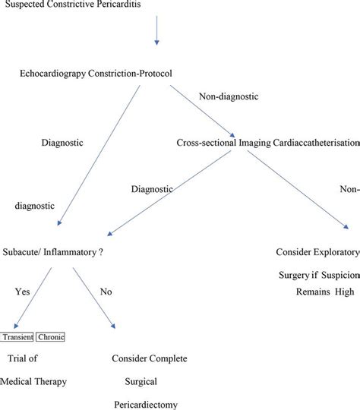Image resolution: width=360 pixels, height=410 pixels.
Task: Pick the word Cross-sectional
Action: coord(209,142)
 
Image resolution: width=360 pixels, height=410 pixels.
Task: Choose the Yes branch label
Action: coord(23,311)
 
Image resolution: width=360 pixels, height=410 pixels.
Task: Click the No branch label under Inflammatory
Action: coord(106,311)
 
